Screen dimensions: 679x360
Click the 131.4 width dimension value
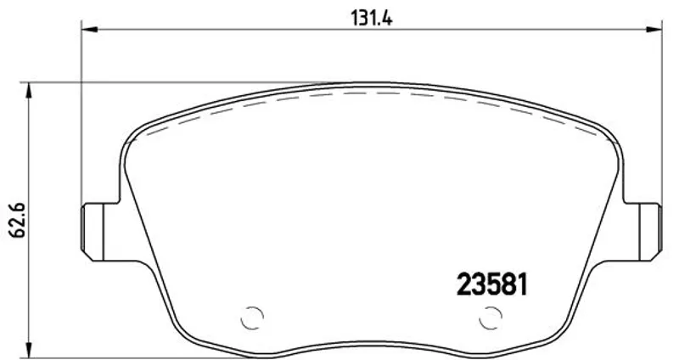point(371,18)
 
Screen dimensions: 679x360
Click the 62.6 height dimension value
point(18,220)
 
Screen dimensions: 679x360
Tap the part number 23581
point(492,284)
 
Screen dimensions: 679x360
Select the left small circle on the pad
point(251,318)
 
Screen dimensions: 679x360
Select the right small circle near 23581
point(491,318)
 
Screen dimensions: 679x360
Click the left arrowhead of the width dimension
point(89,30)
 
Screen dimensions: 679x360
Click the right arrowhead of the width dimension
point(654,30)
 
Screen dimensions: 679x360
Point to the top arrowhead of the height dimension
point(29,90)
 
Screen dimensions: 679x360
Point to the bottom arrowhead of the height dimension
point(29,350)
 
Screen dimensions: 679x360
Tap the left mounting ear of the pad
point(98,232)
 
